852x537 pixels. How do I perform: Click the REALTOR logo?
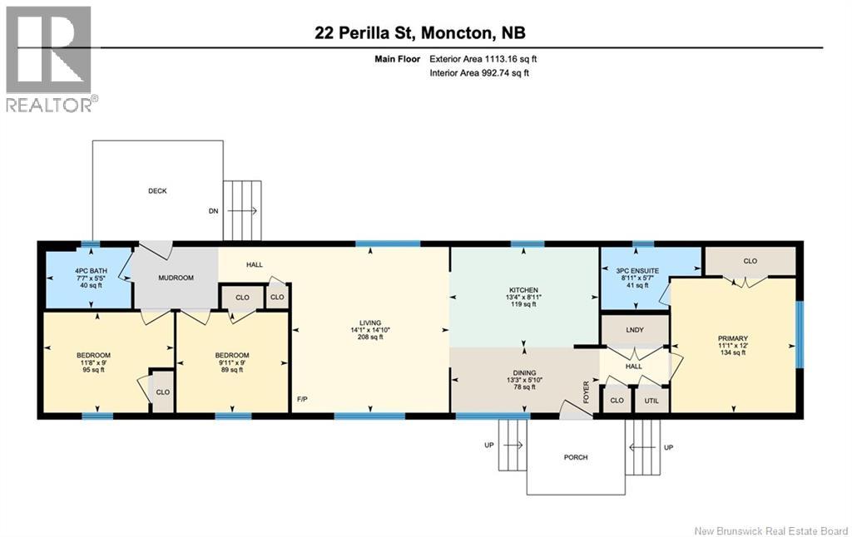(x=49, y=58)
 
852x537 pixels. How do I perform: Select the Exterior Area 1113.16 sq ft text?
(x=489, y=59)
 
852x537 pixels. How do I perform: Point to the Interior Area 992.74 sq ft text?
(x=479, y=73)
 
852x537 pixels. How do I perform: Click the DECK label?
(x=157, y=191)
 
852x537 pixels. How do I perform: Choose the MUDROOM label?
(x=176, y=278)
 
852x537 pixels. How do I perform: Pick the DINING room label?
(x=524, y=373)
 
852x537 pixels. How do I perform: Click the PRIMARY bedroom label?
(x=733, y=338)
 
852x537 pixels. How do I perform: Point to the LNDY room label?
(x=635, y=330)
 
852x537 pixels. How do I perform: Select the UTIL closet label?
(x=651, y=401)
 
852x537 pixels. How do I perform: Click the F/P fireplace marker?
(x=303, y=400)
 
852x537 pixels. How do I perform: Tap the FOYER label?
(x=587, y=389)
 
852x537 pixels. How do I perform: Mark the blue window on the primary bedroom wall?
(x=800, y=333)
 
